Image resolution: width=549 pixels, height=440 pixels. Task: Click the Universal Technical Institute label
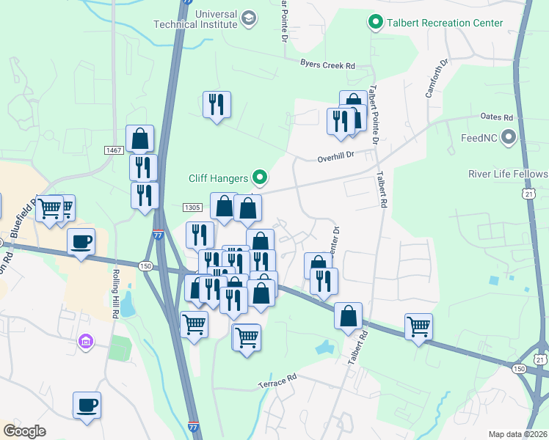195,18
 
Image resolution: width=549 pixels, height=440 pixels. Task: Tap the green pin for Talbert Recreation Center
377,23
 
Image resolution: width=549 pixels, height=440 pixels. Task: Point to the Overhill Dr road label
335,155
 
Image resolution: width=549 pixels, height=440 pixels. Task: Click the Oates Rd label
497,117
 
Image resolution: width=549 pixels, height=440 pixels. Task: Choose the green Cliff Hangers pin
259,177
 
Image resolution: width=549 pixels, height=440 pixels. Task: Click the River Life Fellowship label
508,174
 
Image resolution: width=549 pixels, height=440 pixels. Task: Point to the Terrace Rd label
277,381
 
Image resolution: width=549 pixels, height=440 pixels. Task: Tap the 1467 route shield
113,150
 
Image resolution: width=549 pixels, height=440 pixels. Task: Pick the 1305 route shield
192,208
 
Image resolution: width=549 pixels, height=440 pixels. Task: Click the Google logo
24,430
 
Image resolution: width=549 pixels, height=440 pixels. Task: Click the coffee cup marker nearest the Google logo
87,405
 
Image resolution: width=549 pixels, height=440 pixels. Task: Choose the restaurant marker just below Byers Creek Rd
217,105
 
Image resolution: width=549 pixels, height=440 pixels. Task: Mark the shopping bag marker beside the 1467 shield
139,138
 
